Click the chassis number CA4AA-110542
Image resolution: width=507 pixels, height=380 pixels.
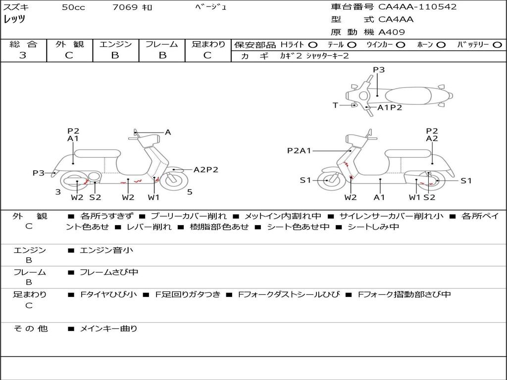417,7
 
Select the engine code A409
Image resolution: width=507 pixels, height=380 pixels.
392,32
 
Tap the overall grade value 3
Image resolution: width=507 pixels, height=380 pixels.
23,55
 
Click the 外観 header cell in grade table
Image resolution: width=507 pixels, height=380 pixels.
69,44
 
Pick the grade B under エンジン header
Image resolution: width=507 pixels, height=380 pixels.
115,55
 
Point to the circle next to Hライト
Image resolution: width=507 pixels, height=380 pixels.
313,45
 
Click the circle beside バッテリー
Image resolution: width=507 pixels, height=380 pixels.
497,45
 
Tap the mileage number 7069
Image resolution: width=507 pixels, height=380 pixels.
125,7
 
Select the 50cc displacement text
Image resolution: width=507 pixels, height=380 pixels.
73,7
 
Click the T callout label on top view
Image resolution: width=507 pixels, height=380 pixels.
335,105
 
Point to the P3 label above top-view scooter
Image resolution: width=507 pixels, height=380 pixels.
379,70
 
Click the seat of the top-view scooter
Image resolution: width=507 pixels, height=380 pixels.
408,96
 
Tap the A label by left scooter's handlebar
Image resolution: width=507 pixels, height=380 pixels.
168,132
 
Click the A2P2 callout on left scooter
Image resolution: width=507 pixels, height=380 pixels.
205,170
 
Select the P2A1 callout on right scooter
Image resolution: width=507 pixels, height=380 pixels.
299,150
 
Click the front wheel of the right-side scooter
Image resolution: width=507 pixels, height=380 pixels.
330,180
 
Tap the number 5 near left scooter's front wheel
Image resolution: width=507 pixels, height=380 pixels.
190,192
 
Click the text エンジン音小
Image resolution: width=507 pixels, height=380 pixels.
106,250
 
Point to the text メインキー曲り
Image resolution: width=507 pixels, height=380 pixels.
108,329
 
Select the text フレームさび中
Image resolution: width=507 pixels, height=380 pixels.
109,273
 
